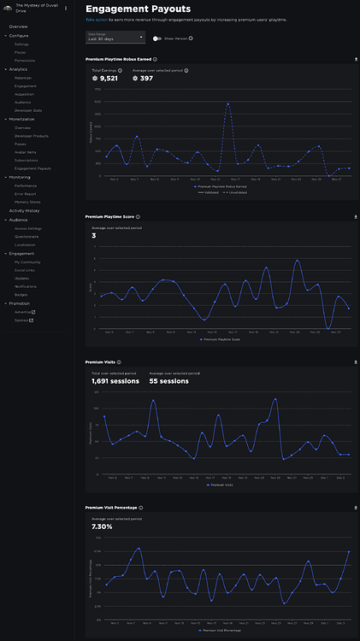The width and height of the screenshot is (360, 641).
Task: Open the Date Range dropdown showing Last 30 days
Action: pos(116,38)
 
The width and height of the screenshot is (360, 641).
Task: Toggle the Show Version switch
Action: pos(157,38)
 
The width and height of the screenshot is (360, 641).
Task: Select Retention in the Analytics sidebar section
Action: pos(23,78)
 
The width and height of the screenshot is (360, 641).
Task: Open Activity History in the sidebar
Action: pos(25,210)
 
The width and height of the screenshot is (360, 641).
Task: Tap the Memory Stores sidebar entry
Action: pos(27,202)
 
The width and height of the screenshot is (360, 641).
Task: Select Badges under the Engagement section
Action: pos(21,294)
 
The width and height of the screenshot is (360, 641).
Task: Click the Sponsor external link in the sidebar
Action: pos(23,320)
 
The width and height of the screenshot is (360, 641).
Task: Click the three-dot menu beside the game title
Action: pos(65,8)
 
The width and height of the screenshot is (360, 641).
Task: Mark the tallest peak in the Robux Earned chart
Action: pos(228,104)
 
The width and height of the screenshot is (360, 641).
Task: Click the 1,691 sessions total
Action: pos(111,381)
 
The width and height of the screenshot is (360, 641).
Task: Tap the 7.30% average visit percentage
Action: pos(101,526)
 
